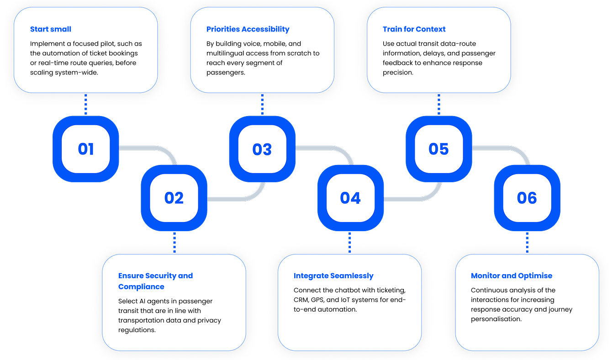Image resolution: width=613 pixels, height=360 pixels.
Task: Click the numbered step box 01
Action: (86, 149)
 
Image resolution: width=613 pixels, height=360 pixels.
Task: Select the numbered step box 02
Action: (174, 198)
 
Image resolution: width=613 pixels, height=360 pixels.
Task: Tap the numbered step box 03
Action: (262, 149)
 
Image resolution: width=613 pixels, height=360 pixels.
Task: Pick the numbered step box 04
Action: (350, 198)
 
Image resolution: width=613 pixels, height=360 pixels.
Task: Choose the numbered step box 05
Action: (439, 149)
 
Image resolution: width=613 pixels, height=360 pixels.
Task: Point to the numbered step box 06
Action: (527, 198)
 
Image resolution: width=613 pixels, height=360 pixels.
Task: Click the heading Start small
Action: (51, 29)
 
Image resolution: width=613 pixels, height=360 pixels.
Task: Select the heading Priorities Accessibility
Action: (248, 29)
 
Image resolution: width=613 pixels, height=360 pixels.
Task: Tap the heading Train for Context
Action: (414, 29)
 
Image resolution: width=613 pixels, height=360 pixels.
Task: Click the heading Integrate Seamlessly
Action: (333, 276)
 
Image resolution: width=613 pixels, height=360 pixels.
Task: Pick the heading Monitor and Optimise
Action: (512, 276)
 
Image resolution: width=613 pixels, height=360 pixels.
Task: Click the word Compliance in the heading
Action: (141, 287)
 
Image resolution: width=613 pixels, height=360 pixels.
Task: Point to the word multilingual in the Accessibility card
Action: (226, 53)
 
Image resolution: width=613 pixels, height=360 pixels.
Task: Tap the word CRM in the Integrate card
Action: (301, 300)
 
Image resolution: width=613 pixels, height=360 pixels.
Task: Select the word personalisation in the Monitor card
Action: (496, 319)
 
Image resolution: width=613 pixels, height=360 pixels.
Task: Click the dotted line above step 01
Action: (86, 105)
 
